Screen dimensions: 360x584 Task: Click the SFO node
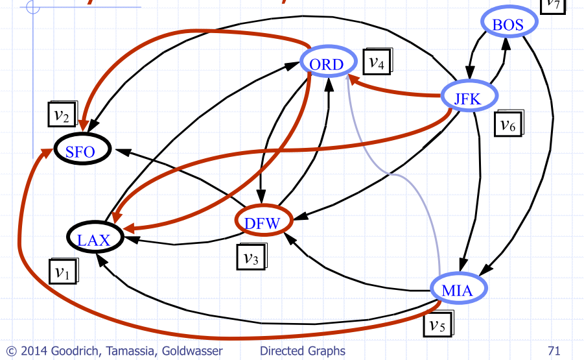80,152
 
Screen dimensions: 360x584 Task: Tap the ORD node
329,64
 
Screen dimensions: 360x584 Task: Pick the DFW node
263,223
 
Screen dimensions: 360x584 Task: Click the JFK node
469,97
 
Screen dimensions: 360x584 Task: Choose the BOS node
508,25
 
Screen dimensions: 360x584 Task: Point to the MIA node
458,290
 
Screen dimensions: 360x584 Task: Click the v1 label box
62,271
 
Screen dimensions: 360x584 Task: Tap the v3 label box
250,257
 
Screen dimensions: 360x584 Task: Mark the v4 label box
376,62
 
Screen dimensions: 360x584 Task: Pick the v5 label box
438,323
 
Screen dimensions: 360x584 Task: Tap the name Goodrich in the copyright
62,352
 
